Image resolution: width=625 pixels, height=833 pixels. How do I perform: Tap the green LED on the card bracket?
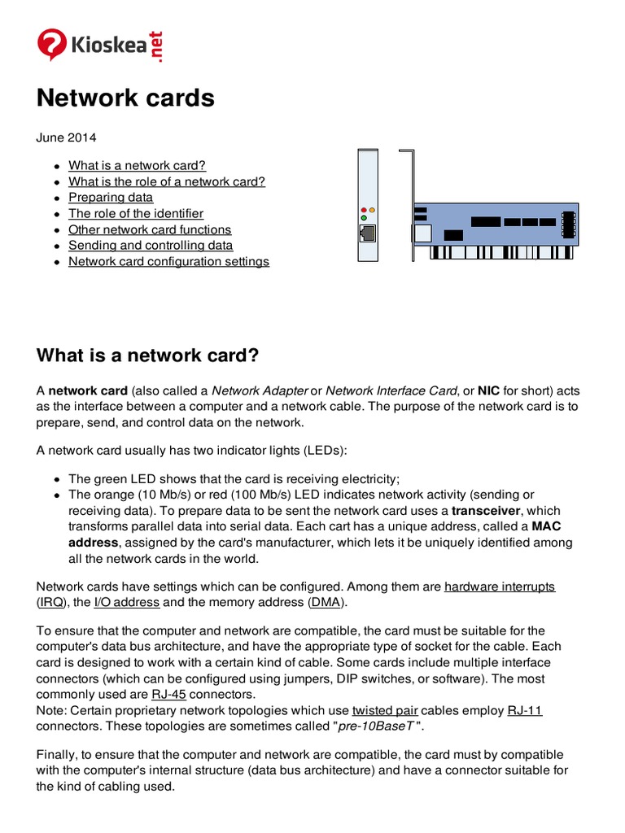[x=364, y=218]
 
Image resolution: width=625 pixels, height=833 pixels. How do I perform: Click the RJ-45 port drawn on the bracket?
[x=368, y=233]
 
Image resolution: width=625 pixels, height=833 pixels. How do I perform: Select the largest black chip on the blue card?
[x=485, y=221]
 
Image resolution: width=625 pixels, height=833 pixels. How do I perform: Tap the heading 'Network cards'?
[x=125, y=98]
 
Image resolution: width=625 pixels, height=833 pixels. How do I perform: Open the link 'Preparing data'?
[x=111, y=197]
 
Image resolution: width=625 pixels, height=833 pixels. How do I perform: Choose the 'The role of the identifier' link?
[x=136, y=213]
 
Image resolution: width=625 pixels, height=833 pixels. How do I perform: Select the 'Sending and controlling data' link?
[x=151, y=245]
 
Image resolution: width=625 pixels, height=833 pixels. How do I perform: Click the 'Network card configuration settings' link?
[x=168, y=261]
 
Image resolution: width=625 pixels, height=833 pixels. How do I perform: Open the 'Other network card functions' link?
[x=150, y=229]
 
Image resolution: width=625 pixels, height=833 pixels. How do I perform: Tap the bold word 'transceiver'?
[x=485, y=510]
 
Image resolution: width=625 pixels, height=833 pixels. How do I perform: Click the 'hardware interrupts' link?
[x=500, y=586]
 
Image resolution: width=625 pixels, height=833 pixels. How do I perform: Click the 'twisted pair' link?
[x=386, y=710]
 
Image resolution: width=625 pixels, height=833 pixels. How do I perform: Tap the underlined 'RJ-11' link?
[x=525, y=710]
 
